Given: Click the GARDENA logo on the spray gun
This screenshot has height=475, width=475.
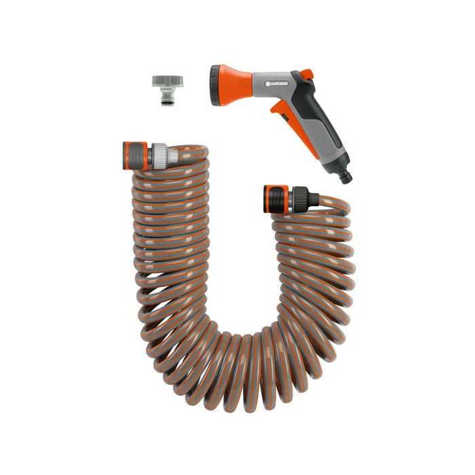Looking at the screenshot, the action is coord(277,83).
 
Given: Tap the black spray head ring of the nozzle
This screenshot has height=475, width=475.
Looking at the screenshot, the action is coord(215,85).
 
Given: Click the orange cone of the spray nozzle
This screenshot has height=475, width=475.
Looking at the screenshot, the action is coord(235,85).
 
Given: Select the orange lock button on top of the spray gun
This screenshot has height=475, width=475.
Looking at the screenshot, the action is coord(307,74).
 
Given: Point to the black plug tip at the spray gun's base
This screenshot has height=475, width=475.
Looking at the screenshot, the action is coord(345,176).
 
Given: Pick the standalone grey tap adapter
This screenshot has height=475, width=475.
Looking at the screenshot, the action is coord(168,90).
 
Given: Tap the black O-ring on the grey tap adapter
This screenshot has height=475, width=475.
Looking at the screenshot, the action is coord(168,103).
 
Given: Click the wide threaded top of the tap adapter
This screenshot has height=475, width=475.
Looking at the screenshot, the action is coord(168,81).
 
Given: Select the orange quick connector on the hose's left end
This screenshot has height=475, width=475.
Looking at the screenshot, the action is coord(135,155).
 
